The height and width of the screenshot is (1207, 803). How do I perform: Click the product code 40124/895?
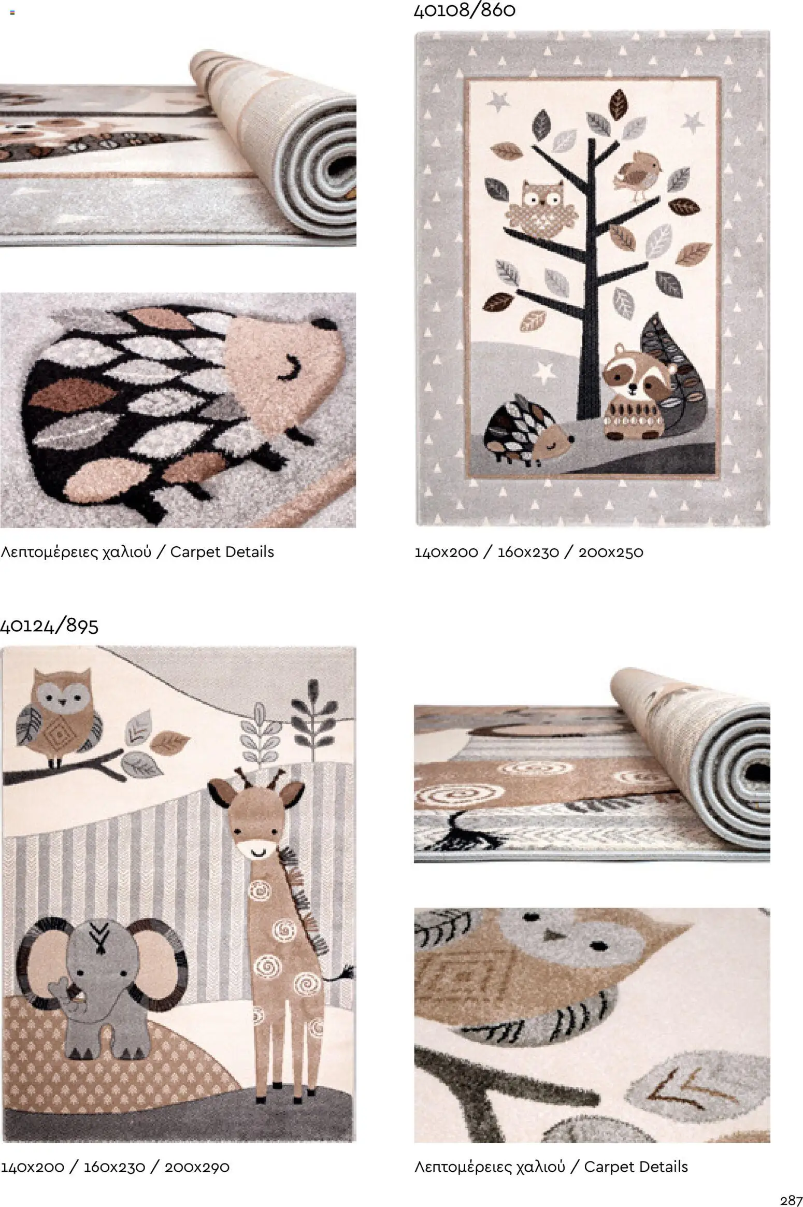(x=49, y=626)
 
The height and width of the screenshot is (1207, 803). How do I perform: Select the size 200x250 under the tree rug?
(x=611, y=552)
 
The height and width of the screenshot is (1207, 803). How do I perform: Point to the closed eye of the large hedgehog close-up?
(x=290, y=371)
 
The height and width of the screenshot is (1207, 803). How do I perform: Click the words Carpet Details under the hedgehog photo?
(x=222, y=552)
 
